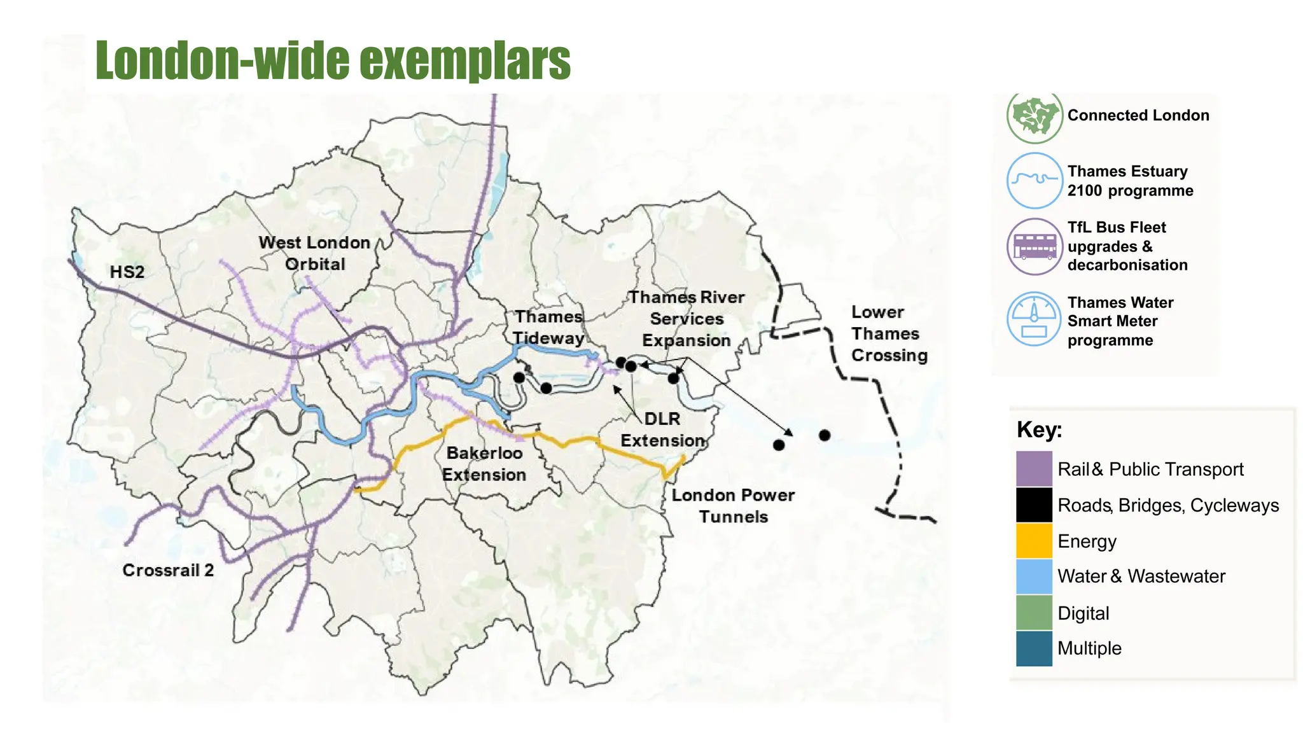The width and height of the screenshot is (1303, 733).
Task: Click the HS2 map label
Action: (127, 272)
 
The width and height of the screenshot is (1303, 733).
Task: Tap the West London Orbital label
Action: (314, 253)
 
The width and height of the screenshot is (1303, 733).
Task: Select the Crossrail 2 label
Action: (168, 570)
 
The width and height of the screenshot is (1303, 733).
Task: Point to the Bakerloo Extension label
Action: (484, 464)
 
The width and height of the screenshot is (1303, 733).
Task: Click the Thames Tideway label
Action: (548, 327)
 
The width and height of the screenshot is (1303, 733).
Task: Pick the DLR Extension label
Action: (662, 429)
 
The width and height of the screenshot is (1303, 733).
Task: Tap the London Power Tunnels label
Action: (733, 506)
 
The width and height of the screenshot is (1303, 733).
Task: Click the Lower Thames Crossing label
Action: (889, 333)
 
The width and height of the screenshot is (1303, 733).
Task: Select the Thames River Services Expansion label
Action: (686, 319)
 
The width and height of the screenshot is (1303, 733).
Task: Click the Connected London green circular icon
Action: (1035, 116)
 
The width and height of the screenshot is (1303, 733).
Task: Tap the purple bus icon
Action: (1035, 246)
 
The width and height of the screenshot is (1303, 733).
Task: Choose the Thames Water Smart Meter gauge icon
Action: (1034, 319)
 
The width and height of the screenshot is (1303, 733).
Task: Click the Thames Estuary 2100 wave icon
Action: (1035, 181)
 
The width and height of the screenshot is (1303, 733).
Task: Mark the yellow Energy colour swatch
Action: (1034, 541)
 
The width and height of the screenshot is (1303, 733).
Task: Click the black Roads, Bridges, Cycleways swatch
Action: (1034, 505)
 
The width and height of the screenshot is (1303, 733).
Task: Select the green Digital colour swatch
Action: (1034, 613)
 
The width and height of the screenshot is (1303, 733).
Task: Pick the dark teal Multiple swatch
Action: (1034, 648)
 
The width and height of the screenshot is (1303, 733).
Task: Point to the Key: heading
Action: (1039, 429)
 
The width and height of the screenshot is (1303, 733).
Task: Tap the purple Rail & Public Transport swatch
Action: (1034, 469)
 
